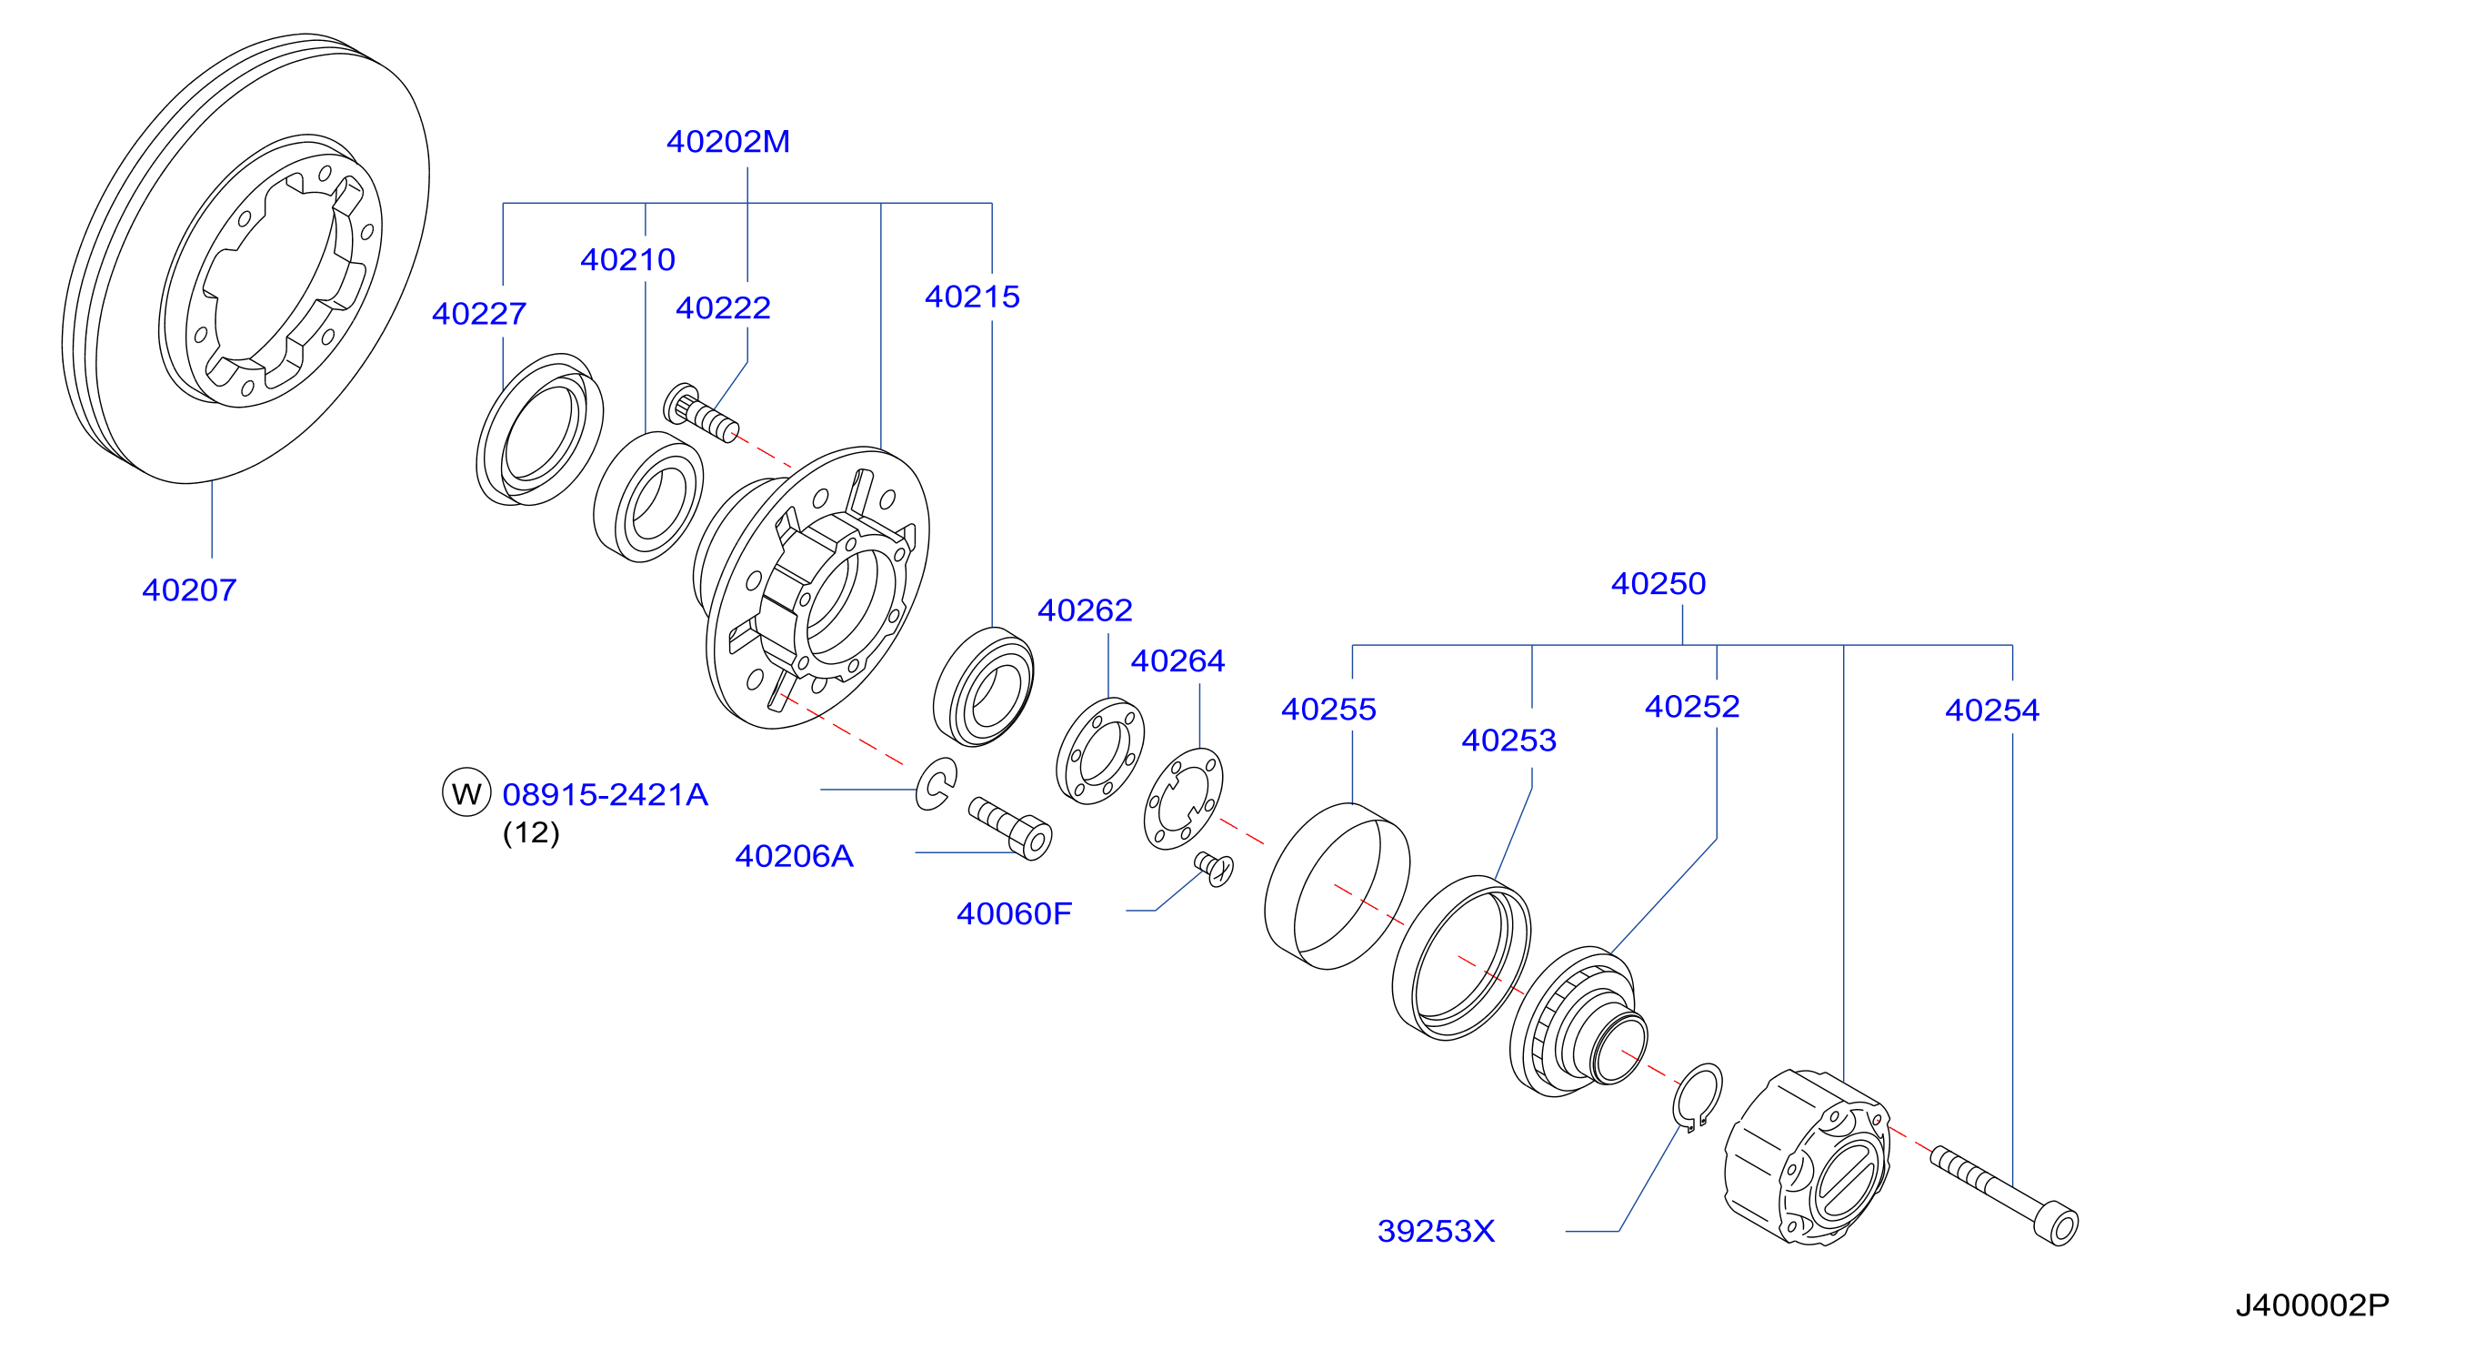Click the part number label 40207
click(x=189, y=589)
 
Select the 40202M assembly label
click(x=728, y=142)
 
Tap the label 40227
click(x=479, y=314)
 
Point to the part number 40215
click(x=972, y=297)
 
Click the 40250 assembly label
click(x=1658, y=583)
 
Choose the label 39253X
click(x=1437, y=1232)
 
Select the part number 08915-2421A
click(x=606, y=794)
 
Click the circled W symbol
click(x=466, y=792)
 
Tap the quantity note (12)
click(x=532, y=831)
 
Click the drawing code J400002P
click(x=2312, y=1305)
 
